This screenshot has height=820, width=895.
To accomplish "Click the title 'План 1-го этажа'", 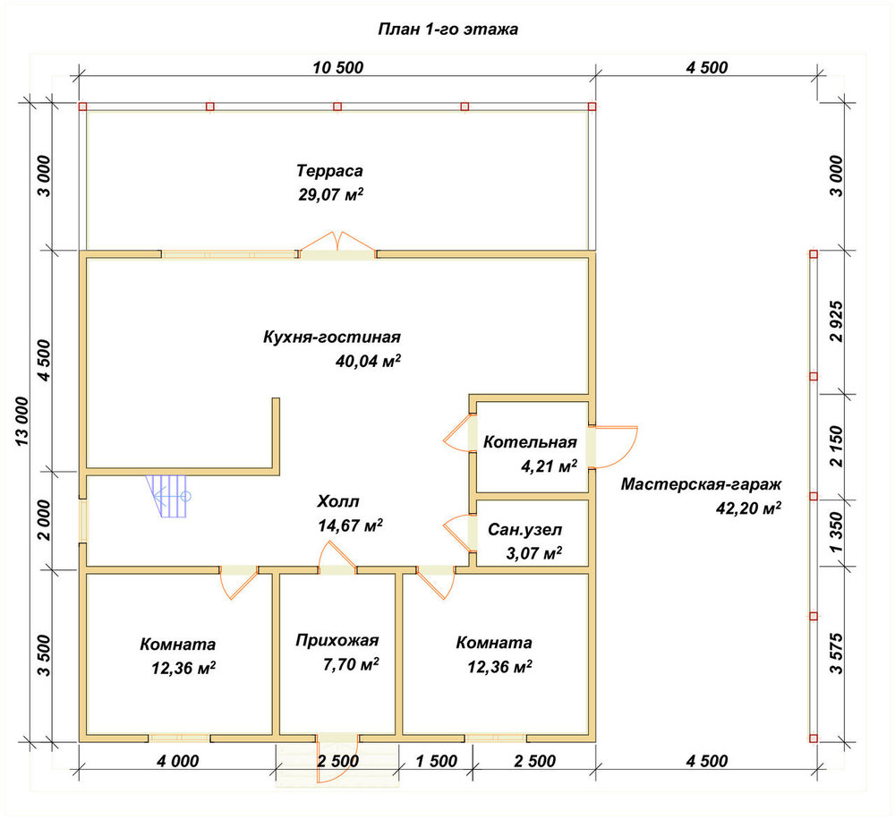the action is [448, 30].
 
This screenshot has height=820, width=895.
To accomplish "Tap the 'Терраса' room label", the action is [330, 171].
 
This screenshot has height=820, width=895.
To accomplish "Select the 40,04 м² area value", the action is [368, 361].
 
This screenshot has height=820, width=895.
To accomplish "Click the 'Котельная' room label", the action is [530, 442].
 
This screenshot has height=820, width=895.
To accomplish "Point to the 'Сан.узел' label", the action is [525, 529].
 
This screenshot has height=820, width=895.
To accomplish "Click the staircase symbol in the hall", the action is [168, 496].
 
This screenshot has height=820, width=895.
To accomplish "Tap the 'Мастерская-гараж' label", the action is [701, 484].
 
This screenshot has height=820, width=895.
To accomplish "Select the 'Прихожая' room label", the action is [337, 640].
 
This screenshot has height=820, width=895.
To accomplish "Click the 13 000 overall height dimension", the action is [21, 421].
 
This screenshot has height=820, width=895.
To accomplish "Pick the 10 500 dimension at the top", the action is [338, 67].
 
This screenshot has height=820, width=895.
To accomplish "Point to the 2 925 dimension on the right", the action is [836, 321].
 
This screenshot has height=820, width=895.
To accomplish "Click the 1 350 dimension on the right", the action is [836, 533].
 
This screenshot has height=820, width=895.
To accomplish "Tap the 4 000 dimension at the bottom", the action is [178, 761].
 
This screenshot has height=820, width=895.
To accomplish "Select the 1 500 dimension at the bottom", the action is [437, 761].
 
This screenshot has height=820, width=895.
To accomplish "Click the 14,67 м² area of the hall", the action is [351, 525].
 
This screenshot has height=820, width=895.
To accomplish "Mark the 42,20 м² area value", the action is [749, 508].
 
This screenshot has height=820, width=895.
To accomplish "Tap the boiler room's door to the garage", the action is [612, 447].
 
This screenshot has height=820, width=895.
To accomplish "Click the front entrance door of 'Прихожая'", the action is [337, 757].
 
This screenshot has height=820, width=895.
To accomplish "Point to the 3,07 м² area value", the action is [534, 552].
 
